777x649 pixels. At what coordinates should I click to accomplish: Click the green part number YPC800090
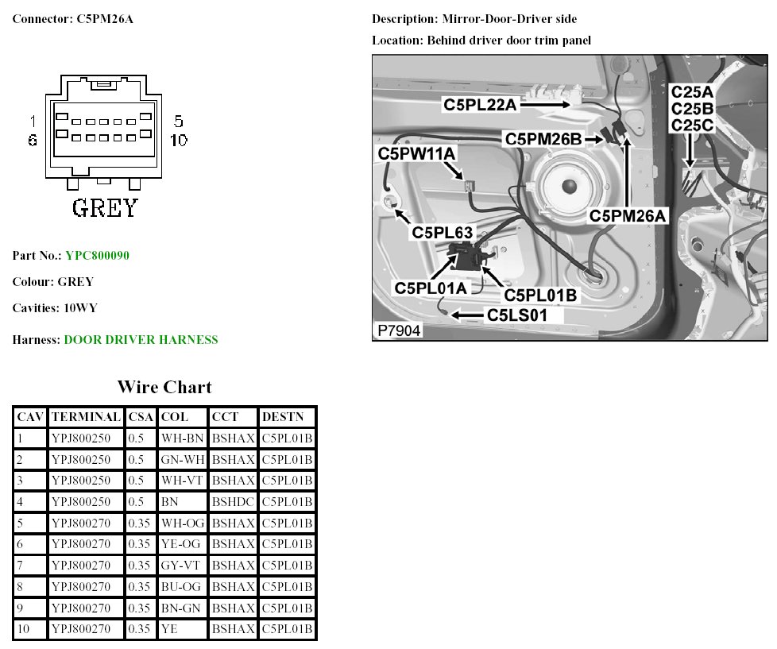coord(97,256)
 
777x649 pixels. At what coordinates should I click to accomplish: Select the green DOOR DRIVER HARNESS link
coord(141,340)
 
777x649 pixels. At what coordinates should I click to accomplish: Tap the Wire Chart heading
coord(164,388)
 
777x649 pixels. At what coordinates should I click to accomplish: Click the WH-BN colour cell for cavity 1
coord(182,438)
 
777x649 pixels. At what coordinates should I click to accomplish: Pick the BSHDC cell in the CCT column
coord(234,502)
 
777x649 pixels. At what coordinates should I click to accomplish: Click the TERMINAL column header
coord(86,417)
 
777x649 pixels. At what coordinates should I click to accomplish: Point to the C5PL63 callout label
coord(442,233)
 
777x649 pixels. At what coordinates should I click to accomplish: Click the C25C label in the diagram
coord(693,126)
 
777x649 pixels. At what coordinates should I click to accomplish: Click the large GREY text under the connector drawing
coord(105,208)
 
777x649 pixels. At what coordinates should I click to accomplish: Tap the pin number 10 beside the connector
coord(178,140)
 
